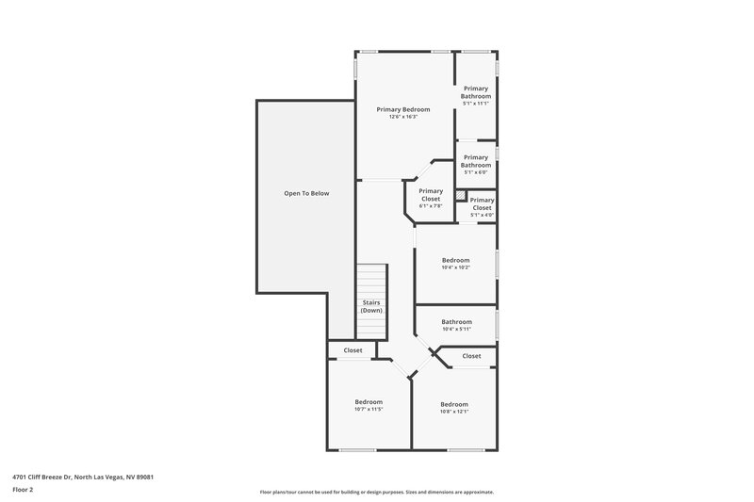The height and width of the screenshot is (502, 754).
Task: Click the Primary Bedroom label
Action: (402, 109)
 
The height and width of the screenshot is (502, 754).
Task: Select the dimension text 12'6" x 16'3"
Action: (402, 117)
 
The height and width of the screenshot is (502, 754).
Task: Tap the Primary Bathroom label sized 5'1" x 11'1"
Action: (476, 92)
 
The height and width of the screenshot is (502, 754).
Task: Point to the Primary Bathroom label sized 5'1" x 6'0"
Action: (476, 161)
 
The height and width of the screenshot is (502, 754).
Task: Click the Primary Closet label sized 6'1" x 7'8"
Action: (431, 195)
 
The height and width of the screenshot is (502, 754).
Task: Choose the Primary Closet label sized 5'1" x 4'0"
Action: (482, 203)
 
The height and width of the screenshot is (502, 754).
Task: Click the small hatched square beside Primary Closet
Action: (462, 196)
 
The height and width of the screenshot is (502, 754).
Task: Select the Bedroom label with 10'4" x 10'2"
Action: (455, 260)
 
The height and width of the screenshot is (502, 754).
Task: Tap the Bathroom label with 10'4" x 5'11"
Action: (456, 321)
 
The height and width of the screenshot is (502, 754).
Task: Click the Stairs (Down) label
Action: (371, 306)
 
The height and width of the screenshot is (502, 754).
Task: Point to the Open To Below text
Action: (306, 193)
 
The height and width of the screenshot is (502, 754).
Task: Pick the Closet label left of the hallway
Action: (352, 350)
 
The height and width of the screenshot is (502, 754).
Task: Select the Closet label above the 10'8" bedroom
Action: (471, 356)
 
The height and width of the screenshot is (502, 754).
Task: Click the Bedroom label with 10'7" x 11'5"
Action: (369, 402)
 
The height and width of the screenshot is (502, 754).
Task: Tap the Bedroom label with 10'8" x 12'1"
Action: (454, 404)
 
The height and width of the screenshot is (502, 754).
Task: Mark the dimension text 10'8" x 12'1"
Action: (454, 412)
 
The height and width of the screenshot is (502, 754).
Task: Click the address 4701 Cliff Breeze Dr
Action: (84, 477)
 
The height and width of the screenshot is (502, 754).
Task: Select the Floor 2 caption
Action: (23, 490)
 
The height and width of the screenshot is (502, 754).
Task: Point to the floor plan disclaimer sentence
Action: (377, 492)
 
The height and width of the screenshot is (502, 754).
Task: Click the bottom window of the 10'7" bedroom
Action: (359, 449)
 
